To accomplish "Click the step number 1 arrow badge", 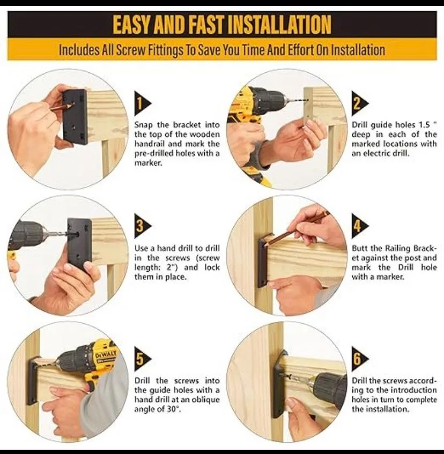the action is point(143,103).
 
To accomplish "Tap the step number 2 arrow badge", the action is point(360,103).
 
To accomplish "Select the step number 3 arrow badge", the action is point(143,226).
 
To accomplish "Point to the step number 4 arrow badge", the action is point(360,226).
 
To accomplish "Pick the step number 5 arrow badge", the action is point(143,359).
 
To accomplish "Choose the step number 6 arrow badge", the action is point(360,359).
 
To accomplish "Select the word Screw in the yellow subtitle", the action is point(131,50).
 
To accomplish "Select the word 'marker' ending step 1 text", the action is point(148,163).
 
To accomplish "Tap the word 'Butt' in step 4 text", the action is point(360,248).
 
